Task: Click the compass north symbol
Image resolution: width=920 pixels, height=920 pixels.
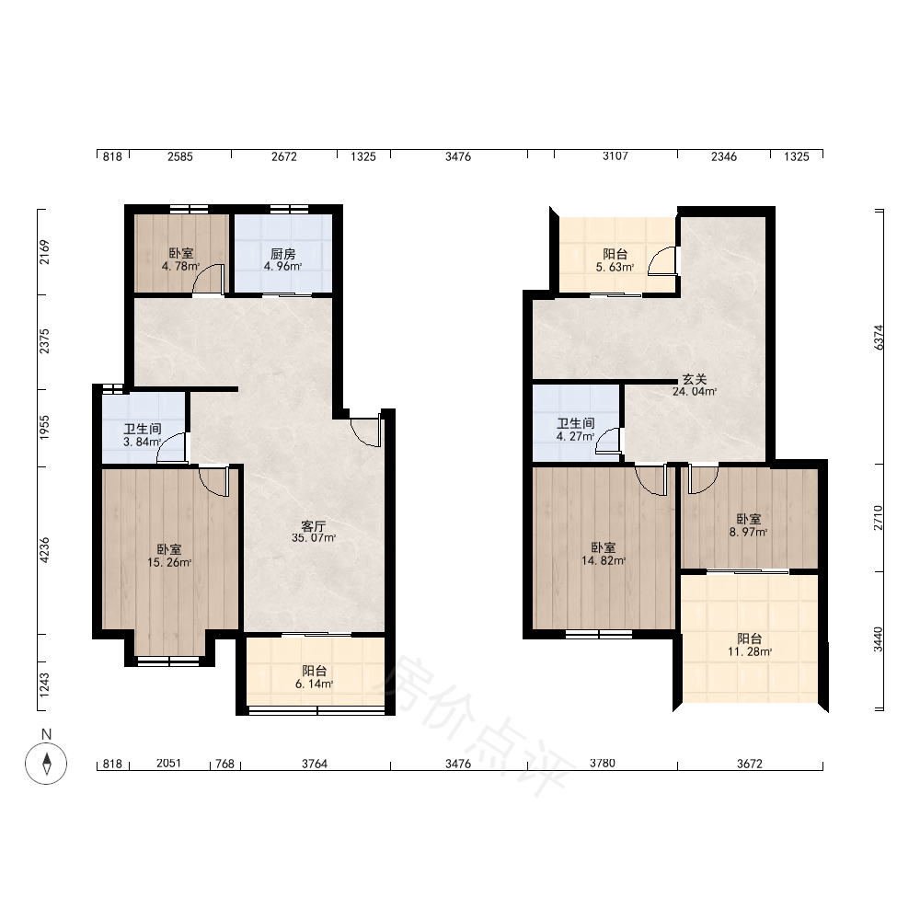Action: (46, 764)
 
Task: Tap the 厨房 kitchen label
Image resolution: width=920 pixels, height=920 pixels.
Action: (282, 254)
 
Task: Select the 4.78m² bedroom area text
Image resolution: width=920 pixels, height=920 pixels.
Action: (180, 267)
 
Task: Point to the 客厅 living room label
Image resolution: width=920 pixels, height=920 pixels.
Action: (314, 525)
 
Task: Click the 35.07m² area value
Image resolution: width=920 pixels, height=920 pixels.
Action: (314, 537)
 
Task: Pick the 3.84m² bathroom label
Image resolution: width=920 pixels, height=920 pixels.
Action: (143, 442)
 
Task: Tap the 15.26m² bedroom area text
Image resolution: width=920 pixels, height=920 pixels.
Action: (169, 562)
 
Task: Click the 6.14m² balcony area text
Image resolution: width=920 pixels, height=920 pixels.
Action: (315, 684)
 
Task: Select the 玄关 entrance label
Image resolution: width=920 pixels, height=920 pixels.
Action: (694, 380)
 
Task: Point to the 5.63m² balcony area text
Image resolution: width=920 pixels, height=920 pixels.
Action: (615, 267)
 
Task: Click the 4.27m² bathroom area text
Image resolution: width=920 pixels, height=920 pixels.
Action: (576, 436)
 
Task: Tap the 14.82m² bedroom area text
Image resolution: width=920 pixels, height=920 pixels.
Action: (604, 560)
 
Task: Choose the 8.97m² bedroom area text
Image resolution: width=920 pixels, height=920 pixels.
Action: (749, 532)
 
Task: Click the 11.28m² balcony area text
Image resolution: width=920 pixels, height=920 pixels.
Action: (750, 651)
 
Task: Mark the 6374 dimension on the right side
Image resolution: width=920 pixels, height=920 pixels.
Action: (879, 338)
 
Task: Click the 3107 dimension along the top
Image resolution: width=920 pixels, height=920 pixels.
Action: (615, 156)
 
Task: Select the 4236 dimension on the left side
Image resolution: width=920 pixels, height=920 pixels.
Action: (44, 550)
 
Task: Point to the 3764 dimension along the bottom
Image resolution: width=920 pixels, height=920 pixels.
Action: (315, 764)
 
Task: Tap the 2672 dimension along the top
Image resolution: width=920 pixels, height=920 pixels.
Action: (284, 156)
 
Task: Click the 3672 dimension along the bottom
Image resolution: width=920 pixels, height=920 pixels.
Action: (750, 764)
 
